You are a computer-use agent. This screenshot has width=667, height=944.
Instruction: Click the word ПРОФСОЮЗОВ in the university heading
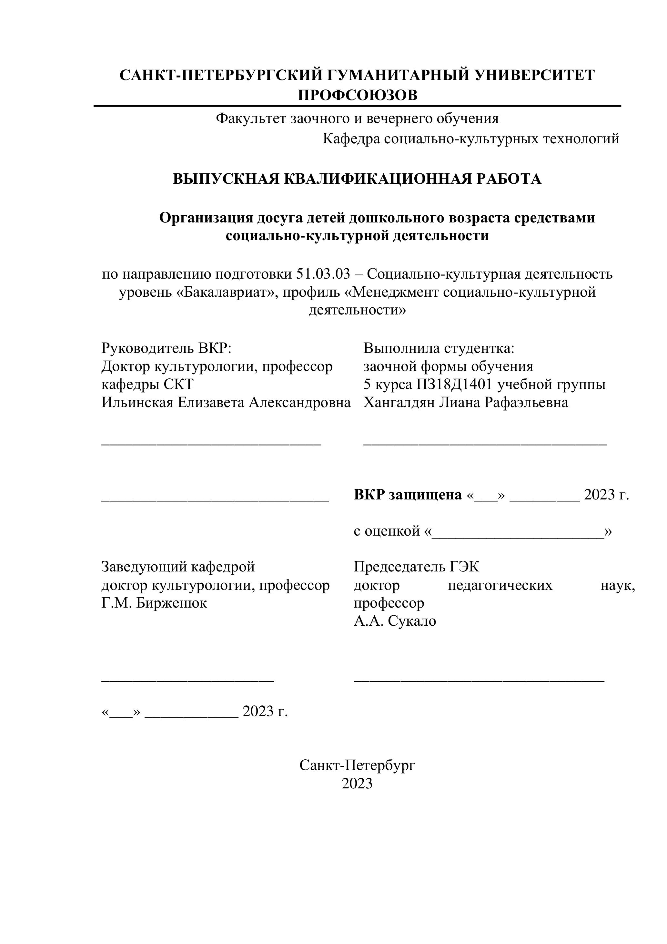pyautogui.click(x=357, y=95)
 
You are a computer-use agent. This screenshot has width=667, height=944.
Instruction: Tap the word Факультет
pyautogui.click(x=251, y=118)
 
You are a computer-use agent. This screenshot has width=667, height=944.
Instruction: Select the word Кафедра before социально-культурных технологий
pyautogui.click(x=351, y=139)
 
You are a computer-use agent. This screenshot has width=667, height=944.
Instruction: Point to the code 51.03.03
pyautogui.click(x=323, y=274)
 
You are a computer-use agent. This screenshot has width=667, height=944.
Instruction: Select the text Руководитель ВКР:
pyautogui.click(x=167, y=348)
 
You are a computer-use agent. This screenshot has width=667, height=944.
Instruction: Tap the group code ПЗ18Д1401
pyautogui.click(x=455, y=385)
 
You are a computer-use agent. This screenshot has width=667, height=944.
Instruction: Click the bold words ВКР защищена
pyautogui.click(x=408, y=495)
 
